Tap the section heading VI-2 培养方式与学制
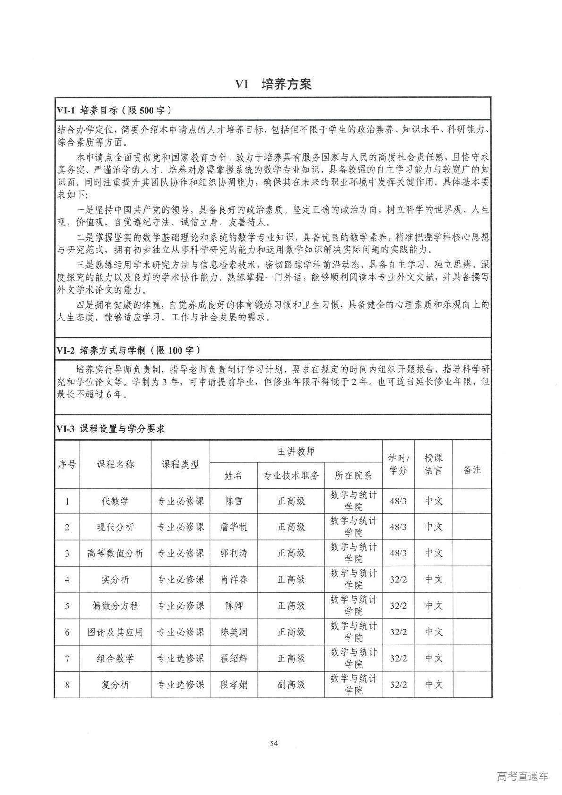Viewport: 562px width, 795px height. click(x=128, y=350)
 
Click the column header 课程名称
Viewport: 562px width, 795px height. click(x=115, y=465)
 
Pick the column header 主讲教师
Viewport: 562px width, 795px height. click(x=296, y=451)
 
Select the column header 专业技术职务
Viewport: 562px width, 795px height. click(x=291, y=475)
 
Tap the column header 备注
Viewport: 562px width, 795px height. click(x=472, y=469)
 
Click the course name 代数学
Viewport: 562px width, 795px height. click(x=115, y=501)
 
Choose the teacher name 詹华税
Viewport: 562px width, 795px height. click(x=234, y=527)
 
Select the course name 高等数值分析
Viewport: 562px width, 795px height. click(x=115, y=553)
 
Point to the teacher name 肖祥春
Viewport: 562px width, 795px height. click(x=234, y=579)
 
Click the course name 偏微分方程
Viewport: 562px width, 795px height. click(x=115, y=606)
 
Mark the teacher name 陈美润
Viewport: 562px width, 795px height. click(x=234, y=632)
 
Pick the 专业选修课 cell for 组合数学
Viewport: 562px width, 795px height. click(x=180, y=658)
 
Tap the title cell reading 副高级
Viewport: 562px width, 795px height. click(x=291, y=684)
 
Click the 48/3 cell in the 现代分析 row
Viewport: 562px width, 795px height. click(x=398, y=527)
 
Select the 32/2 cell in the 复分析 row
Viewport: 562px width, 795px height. click(x=398, y=684)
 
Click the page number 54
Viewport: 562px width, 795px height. click(x=274, y=743)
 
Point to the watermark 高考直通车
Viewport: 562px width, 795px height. click(x=522, y=776)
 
